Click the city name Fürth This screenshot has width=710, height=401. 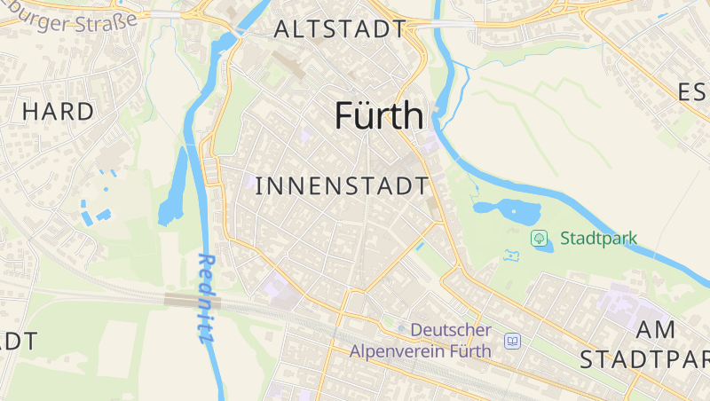[x=379, y=116]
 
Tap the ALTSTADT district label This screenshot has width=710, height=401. [x=339, y=29]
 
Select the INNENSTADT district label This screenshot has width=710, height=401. [x=342, y=186]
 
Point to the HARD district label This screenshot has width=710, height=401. [x=58, y=112]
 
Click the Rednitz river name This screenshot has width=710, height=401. [x=206, y=298]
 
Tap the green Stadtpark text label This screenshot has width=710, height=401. [x=598, y=239]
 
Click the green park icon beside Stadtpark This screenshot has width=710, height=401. [x=538, y=238]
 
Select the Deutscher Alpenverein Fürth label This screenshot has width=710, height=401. [x=421, y=341]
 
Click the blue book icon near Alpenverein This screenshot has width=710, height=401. [x=512, y=341]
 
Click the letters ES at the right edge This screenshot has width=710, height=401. [x=692, y=92]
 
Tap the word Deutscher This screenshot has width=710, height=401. [x=451, y=330]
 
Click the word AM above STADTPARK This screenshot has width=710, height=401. [x=656, y=329]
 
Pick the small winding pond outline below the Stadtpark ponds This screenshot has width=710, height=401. [x=510, y=256]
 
